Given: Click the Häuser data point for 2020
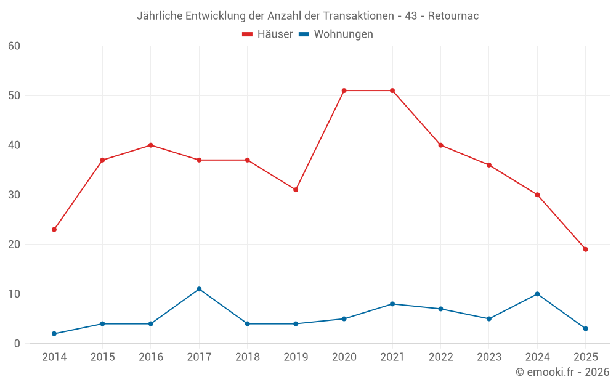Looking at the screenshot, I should point(344,91).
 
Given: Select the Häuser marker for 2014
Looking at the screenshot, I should point(54,229).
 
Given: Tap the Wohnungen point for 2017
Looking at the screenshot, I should point(199,289).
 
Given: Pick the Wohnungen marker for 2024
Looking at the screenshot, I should point(537,294).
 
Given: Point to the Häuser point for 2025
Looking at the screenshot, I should point(585,249).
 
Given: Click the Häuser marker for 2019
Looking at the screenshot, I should point(296,190).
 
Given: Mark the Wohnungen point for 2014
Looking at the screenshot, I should point(54,334).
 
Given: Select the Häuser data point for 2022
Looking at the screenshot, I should point(440,145).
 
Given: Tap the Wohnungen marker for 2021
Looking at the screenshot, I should point(392,304).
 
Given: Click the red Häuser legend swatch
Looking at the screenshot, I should point(248,34).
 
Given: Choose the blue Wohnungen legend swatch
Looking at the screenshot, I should point(304,34).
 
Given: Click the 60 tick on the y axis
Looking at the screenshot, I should point(14,46).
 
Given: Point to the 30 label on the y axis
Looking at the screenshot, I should point(14,195).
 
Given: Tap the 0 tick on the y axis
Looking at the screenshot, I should point(17,344).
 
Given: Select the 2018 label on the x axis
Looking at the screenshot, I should point(248,357).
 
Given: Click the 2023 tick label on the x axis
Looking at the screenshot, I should point(488,357).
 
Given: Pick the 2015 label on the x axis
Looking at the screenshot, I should point(102,357).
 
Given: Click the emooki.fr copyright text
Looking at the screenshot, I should point(562,372).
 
